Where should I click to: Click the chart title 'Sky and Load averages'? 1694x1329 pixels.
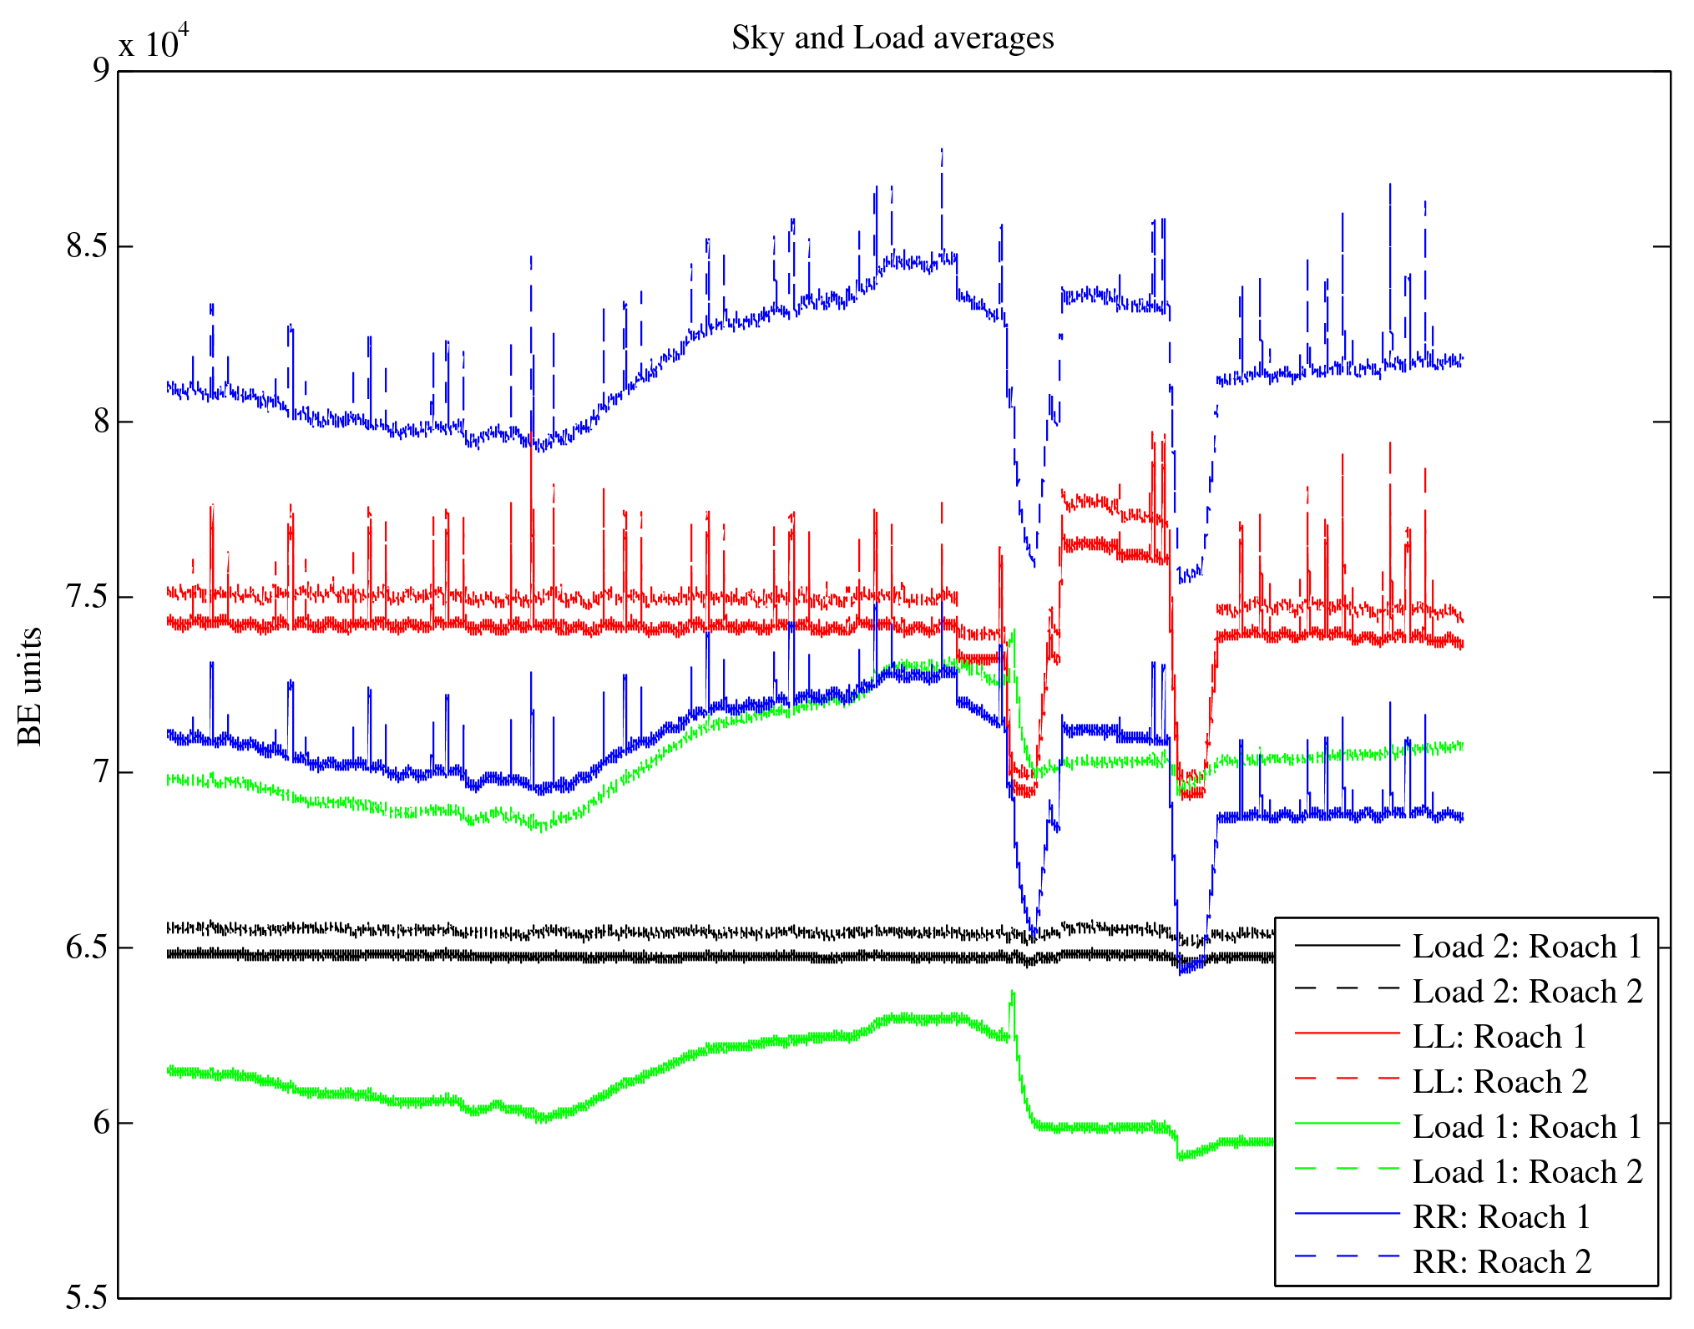coord(893,38)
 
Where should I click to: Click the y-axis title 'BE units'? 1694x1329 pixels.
coord(30,686)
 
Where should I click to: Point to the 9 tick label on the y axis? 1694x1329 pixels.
coord(101,70)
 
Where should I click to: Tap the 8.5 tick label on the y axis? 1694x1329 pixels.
coord(88,246)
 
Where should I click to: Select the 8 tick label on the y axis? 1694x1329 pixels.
coord(101,422)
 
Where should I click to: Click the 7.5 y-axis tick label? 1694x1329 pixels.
coord(88,597)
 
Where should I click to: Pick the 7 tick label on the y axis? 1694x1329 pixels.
coord(101,772)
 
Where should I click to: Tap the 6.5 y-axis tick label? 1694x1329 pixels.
coord(88,947)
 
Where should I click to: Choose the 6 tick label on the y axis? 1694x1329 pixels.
coord(101,1123)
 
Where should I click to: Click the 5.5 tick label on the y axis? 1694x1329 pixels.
coord(88,1298)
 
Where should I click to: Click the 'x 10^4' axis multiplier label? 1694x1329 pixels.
coord(154,42)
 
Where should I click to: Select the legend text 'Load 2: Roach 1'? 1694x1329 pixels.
coord(1527,947)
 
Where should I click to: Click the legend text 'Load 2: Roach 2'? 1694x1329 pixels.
coord(1527,992)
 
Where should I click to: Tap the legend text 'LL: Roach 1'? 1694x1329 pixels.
coord(1499,1037)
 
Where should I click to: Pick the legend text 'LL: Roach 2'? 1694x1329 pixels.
coord(1499,1082)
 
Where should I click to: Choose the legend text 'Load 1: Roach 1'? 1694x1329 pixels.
coord(1527,1127)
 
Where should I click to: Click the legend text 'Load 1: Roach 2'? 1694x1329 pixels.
coord(1527,1172)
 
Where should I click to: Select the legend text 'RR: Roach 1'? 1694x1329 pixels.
coord(1501,1217)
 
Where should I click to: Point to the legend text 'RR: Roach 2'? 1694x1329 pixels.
coord(1501,1262)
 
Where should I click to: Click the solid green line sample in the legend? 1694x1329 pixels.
coord(1347,1124)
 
